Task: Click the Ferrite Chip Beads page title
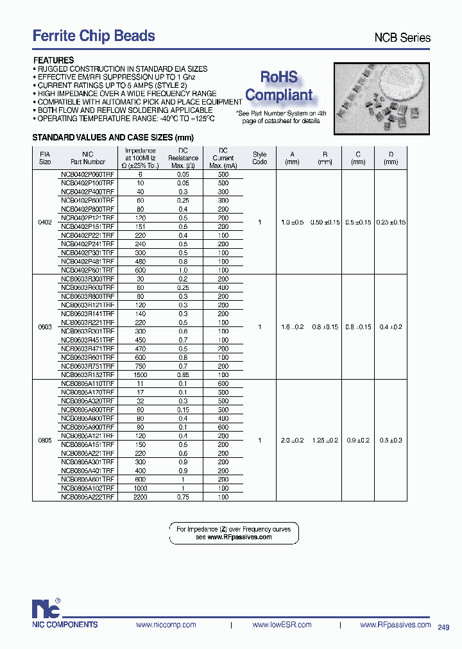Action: click(x=94, y=36)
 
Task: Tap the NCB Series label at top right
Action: click(x=402, y=38)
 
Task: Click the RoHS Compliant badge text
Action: click(x=279, y=87)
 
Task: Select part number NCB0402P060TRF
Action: click(x=87, y=174)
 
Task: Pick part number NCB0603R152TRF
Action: click(x=87, y=375)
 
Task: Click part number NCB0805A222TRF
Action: click(x=87, y=497)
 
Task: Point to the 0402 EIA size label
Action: click(x=45, y=222)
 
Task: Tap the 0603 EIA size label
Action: click(x=45, y=326)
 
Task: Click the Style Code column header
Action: click(x=259, y=158)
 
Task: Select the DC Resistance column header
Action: click(x=183, y=158)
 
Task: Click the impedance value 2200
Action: click(x=141, y=497)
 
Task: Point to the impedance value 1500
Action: click(x=141, y=375)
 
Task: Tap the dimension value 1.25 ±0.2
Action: click(x=325, y=440)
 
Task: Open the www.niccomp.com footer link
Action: click(x=166, y=625)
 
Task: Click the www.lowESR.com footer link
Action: click(x=282, y=625)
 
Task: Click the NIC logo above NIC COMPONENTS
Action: click(x=47, y=607)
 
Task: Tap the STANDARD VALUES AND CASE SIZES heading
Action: click(x=113, y=138)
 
